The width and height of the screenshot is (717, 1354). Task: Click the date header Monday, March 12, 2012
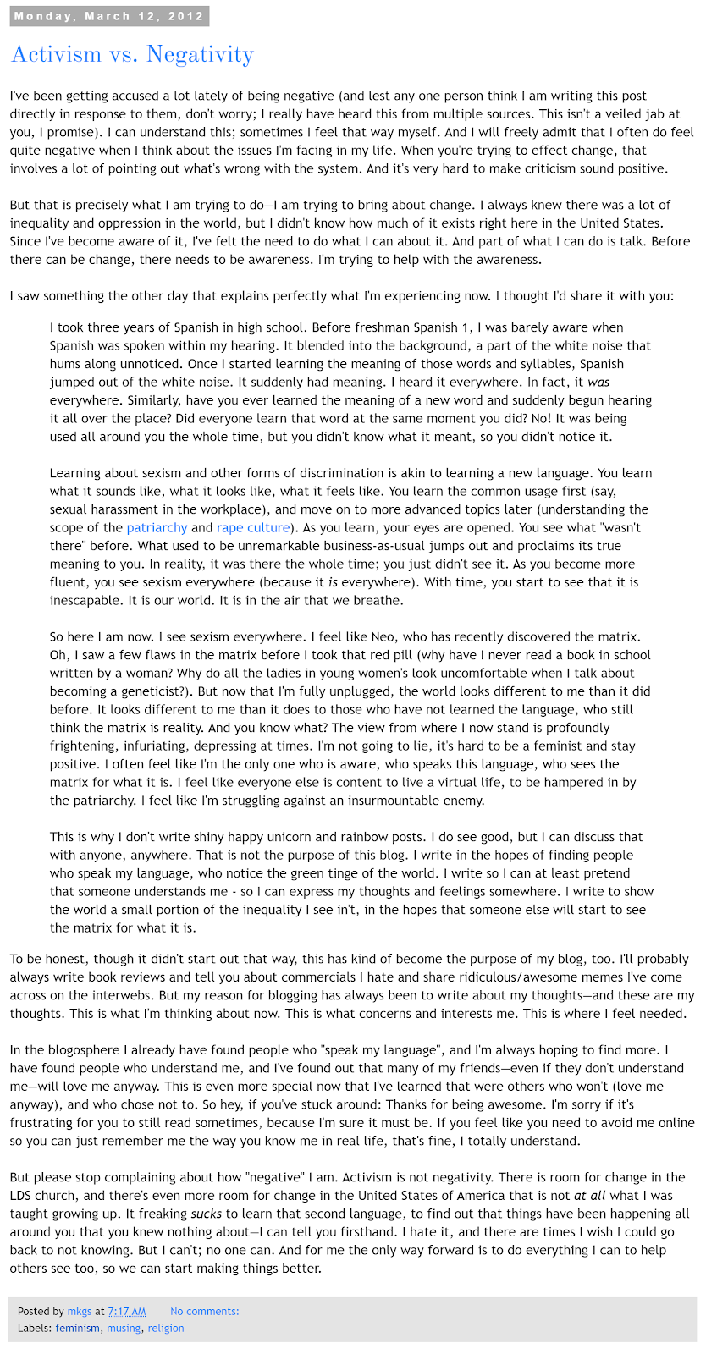pos(110,16)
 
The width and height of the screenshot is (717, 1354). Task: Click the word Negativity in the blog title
pos(200,55)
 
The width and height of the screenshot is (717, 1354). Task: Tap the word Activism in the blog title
pos(56,55)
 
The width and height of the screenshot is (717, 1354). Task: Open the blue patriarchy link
pos(157,527)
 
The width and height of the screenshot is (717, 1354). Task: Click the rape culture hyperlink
pos(253,527)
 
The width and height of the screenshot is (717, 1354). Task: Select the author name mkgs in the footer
pos(80,1311)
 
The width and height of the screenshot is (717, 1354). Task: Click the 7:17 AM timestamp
pos(126,1311)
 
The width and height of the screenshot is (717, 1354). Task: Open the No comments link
pos(204,1311)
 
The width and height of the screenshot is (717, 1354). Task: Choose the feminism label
pos(78,1328)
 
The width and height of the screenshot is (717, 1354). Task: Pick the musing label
pos(124,1328)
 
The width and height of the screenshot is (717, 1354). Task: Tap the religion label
pos(165,1328)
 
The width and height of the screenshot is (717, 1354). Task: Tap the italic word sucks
pos(207,1214)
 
